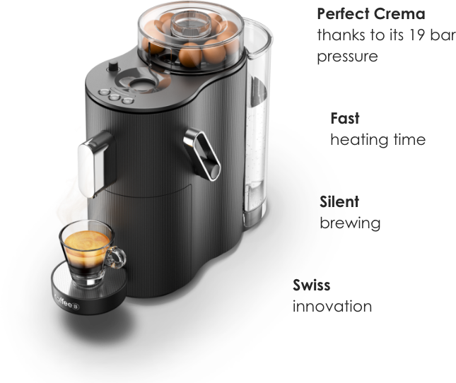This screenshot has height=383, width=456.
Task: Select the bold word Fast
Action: point(345,118)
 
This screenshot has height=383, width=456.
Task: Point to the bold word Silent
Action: point(339,201)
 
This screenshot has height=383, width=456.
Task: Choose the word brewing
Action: point(350,224)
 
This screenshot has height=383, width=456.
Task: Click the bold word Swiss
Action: point(312,285)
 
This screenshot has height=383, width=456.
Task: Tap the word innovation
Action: point(332,307)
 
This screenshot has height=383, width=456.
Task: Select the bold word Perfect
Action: point(343,13)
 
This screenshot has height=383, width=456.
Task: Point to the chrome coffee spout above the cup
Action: point(93,164)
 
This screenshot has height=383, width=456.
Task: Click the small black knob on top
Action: point(113,66)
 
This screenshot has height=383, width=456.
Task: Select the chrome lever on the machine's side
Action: point(202,154)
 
